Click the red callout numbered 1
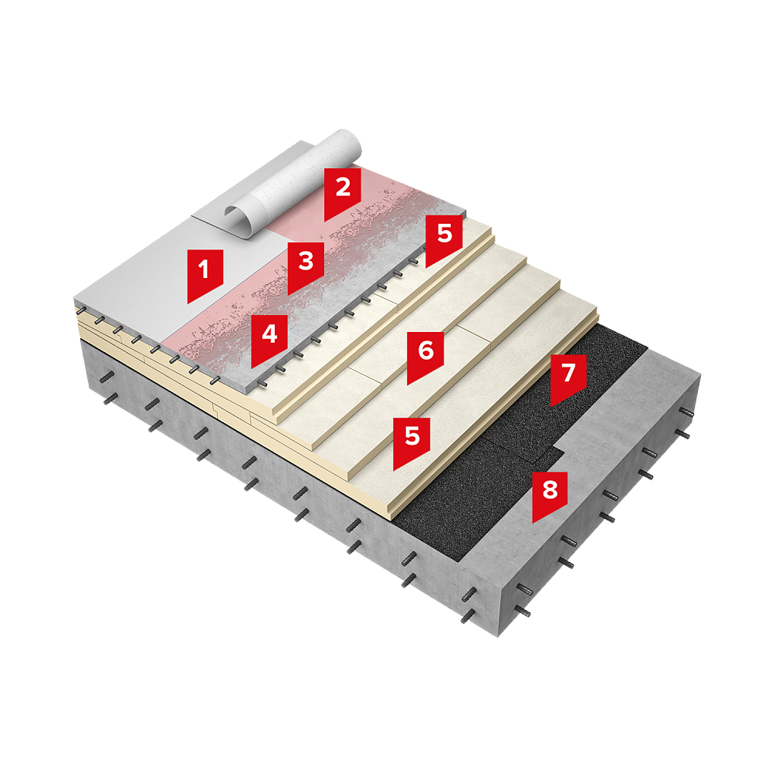205,276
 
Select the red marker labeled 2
342,194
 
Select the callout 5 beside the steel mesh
444,241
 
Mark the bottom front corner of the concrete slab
498,637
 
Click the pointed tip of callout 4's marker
252,368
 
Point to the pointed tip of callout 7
550,407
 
